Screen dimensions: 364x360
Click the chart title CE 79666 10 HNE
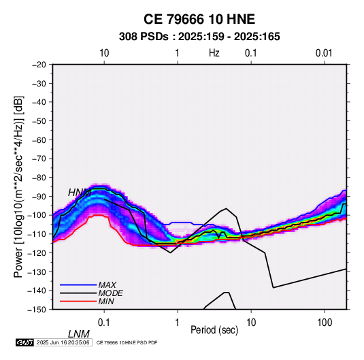point(199,19)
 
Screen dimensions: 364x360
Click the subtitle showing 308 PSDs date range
point(199,37)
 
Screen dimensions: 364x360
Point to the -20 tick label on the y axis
point(39,65)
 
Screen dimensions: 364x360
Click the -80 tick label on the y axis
point(39,178)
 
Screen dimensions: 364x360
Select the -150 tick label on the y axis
point(37,310)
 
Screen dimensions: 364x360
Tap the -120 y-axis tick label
point(37,252)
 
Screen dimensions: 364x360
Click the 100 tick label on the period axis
point(325,323)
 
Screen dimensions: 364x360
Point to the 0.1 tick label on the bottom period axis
point(104,323)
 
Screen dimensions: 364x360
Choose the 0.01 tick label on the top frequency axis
point(324,53)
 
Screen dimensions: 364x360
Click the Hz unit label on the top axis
point(214,53)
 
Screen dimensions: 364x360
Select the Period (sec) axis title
point(214,330)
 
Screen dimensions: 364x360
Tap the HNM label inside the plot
point(80,193)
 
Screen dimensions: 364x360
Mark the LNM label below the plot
point(79,334)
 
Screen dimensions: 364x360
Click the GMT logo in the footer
point(24,342)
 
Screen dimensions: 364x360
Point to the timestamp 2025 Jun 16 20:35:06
point(63,342)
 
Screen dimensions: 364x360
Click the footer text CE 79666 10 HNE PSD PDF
point(127,342)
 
